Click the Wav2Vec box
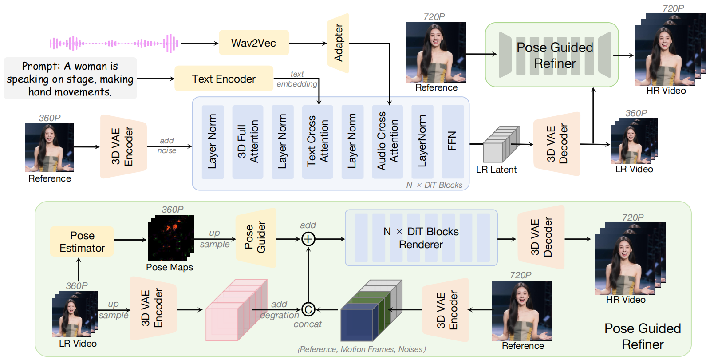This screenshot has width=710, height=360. pos(254,43)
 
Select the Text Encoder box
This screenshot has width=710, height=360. pos(224,79)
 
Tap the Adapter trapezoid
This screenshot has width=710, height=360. pos(338,43)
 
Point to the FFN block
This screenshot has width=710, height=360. pos(453,141)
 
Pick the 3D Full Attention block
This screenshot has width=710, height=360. pos(248,141)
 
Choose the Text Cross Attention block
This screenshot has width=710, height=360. pos(318,141)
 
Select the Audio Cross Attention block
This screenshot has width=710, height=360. pos(387,141)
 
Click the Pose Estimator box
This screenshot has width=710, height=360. pos(82,241)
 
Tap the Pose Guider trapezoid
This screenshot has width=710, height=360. pos(256,238)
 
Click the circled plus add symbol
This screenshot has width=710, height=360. pos(308,239)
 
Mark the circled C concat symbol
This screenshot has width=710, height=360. pos(308,309)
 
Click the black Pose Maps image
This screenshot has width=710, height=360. pos(170,238)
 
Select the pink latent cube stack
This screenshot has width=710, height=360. pos(236,310)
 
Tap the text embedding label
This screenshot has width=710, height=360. pos(297,79)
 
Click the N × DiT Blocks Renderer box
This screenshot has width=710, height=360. pos(421,238)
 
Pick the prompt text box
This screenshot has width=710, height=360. pos(70,79)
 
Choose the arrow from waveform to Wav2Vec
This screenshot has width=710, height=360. pos(199,44)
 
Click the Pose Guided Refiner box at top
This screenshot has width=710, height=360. pos(552,55)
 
